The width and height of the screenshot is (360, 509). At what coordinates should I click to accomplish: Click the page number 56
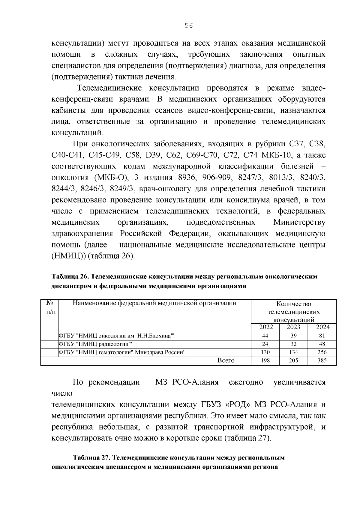pyautogui.click(x=188, y=26)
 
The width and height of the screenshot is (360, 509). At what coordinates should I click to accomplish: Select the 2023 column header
pyautogui.click(x=293, y=327)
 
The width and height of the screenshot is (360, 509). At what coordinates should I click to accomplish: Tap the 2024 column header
pyautogui.click(x=322, y=327)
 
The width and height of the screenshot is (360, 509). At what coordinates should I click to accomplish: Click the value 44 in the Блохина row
pyautogui.click(x=265, y=336)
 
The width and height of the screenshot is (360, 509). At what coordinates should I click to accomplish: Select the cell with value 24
pyautogui.click(x=265, y=344)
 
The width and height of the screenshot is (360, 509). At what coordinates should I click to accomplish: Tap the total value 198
pyautogui.click(x=265, y=361)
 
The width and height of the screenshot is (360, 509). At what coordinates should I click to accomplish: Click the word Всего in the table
pyautogui.click(x=226, y=361)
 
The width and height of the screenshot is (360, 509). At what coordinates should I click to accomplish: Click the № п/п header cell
pyautogui.click(x=49, y=307)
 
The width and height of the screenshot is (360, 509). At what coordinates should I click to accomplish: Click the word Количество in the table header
pyautogui.click(x=293, y=304)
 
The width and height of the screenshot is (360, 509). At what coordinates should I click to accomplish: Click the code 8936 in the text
pyautogui.click(x=186, y=178)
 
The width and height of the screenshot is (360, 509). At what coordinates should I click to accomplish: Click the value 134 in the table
pyautogui.click(x=293, y=352)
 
